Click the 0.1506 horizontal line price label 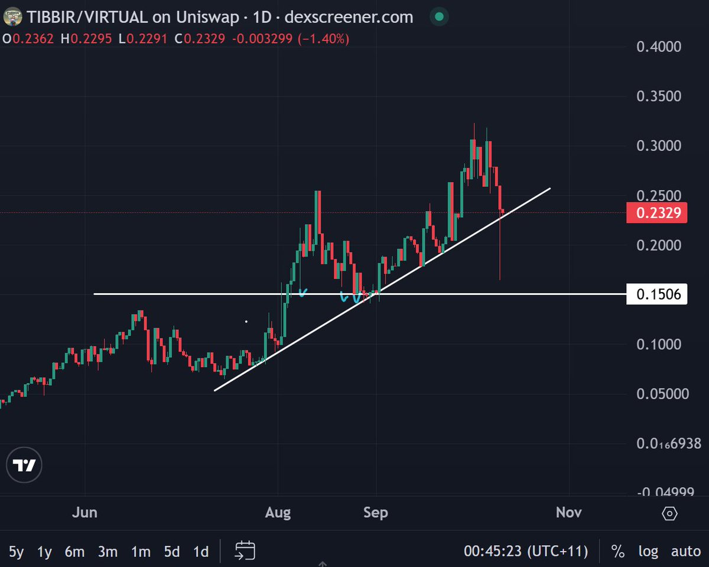coord(657,294)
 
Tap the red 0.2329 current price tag coord(657,213)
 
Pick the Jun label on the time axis coord(85,512)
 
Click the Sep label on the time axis coord(376,512)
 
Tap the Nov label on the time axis coord(569,512)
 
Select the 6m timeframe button coord(74,552)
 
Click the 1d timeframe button coord(201,552)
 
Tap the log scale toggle coord(648,552)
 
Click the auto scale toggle coord(686,552)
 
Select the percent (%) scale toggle coord(618,552)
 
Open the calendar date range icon coord(245,550)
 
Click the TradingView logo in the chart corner coord(25,466)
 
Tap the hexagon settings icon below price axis coord(669,513)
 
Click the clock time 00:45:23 coord(493,552)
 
